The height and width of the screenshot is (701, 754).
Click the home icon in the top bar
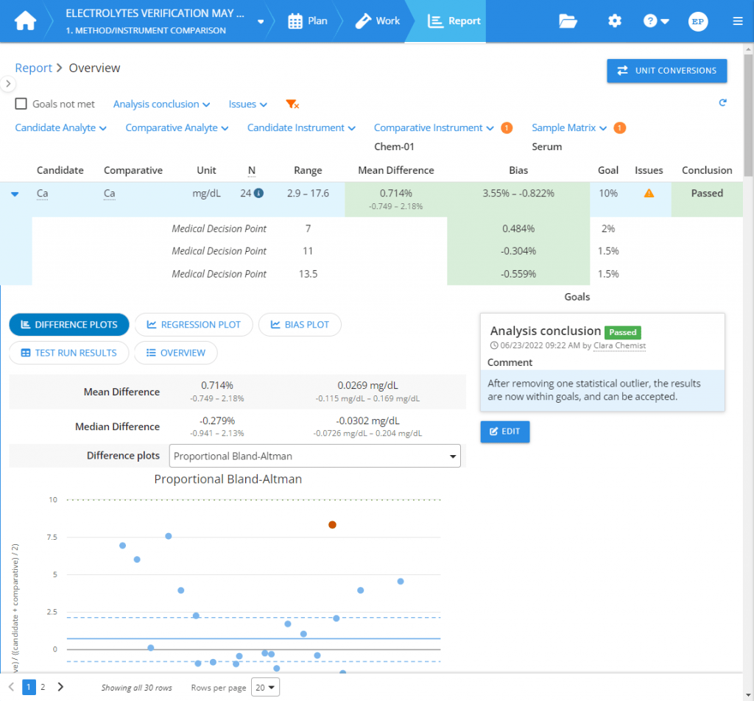pos(25,21)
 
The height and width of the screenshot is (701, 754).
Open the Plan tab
pos(308,21)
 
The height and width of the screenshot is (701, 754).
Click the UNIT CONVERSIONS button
pos(666,71)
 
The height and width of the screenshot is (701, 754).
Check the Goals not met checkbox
pos(21,105)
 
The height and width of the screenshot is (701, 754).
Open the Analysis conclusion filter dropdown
pos(161,105)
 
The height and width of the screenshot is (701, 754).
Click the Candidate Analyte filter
pos(60,128)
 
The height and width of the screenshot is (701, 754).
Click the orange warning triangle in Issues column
pos(649,194)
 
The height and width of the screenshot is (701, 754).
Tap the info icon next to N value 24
pos(258,194)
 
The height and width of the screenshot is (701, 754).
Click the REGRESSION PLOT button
pos(193,325)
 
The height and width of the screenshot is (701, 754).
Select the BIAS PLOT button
pos(299,325)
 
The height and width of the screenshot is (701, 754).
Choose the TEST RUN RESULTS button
pos(68,353)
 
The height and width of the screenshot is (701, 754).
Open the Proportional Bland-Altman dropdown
pos(314,456)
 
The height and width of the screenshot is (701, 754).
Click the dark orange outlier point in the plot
pos(332,525)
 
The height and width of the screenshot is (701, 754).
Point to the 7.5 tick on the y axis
pos(52,537)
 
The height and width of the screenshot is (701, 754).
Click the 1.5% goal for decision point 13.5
pos(607,274)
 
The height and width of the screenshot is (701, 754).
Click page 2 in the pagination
pos(43,687)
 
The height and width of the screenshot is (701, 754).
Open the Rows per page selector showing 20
pos(265,687)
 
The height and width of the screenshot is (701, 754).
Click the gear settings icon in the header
pos(614,21)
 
